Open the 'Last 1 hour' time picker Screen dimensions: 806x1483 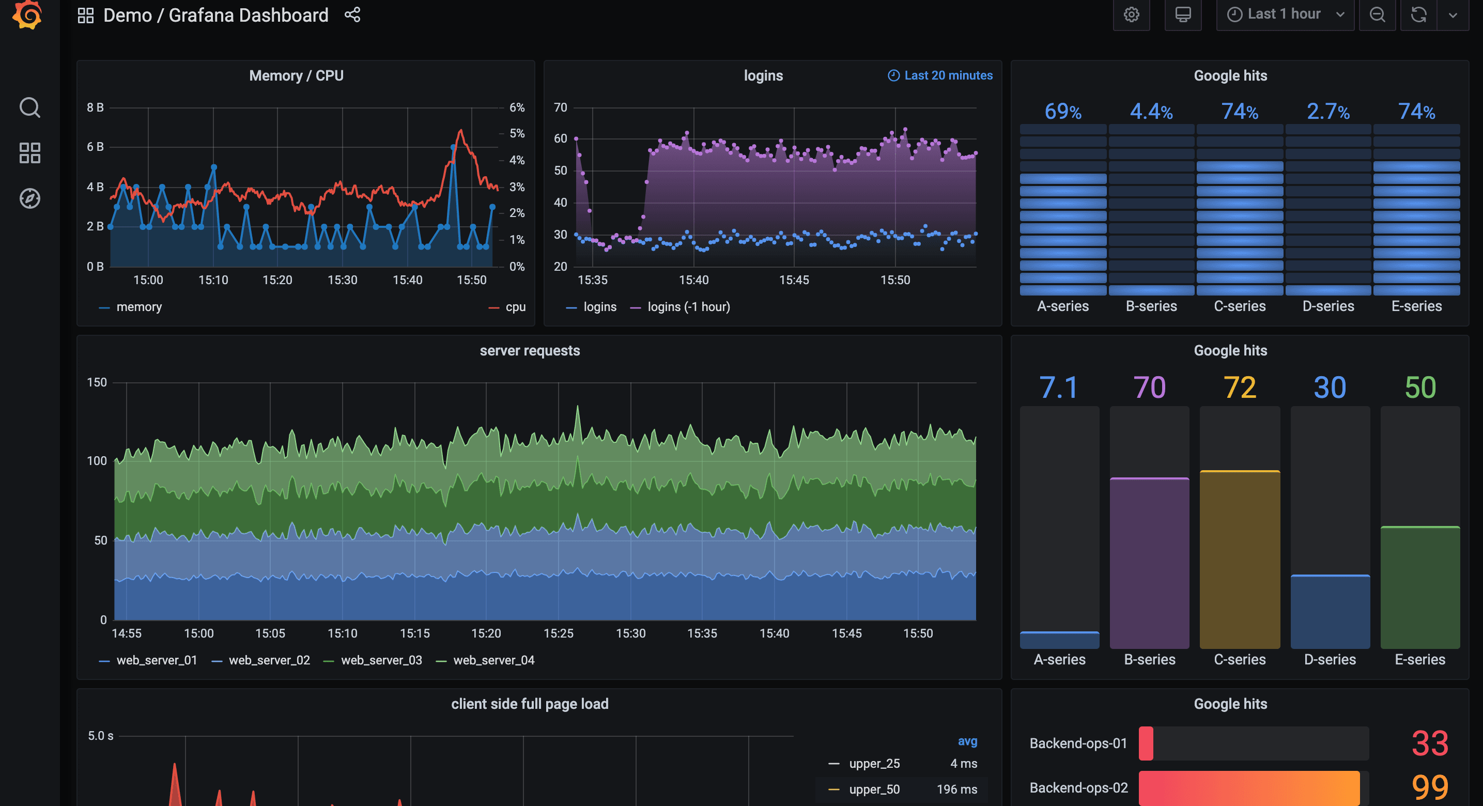tap(1284, 14)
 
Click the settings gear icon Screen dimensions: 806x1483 tap(1131, 14)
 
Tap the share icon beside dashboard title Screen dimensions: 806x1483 tap(352, 14)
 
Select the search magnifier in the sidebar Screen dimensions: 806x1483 tap(30, 107)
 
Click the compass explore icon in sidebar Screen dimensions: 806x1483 tap(30, 198)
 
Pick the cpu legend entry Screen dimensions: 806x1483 tap(515, 307)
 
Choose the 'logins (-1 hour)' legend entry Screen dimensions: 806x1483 tap(688, 307)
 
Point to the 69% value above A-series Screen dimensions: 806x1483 tap(1063, 111)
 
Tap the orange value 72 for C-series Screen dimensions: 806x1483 tap(1240, 388)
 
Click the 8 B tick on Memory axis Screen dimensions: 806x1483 tap(95, 107)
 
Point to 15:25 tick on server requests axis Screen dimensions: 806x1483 tap(558, 633)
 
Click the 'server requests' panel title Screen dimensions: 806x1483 tap(530, 351)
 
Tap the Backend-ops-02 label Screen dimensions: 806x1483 tap(1078, 787)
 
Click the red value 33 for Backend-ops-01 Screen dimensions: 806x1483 tap(1429, 743)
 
